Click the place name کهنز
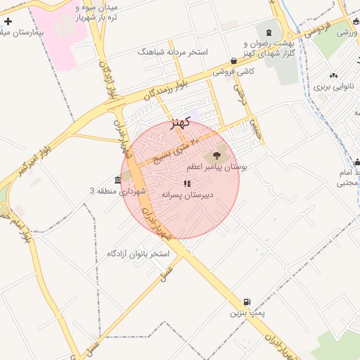tap(181, 122)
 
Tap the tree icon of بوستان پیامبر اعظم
tap(215, 156)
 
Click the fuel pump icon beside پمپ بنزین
tap(245, 302)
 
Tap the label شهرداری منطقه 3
tap(117, 191)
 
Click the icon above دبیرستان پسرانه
tap(187, 184)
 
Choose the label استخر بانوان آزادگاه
tap(139, 253)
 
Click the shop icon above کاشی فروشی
tap(233, 61)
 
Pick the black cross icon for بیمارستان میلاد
tap(8, 22)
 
